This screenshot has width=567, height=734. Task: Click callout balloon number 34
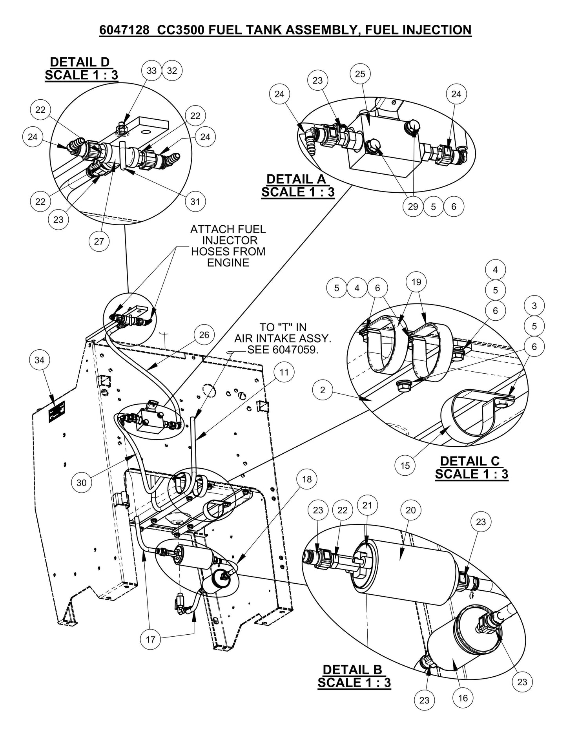click(40, 360)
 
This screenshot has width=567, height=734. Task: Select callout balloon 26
click(204, 335)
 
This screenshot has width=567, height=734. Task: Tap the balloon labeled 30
click(81, 482)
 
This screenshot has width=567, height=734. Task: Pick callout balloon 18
click(307, 479)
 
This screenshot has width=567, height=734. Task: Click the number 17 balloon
click(151, 639)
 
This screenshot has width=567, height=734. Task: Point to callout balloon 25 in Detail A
click(360, 74)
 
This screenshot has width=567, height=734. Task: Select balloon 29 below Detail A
click(413, 206)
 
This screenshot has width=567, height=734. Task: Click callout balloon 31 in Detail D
click(195, 201)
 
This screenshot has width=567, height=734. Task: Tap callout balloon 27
click(99, 241)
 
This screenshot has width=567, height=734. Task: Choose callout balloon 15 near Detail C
click(405, 466)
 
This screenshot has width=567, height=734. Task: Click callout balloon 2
click(323, 390)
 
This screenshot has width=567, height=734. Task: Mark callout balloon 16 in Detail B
click(463, 698)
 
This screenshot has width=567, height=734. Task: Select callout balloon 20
click(410, 510)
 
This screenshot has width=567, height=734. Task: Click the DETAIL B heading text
click(352, 670)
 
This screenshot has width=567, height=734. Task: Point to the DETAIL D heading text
click(80, 62)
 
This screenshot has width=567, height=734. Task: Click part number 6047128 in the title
click(124, 30)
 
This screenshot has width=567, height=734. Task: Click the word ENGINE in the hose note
click(228, 263)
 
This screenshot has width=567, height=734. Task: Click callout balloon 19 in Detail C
click(416, 282)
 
